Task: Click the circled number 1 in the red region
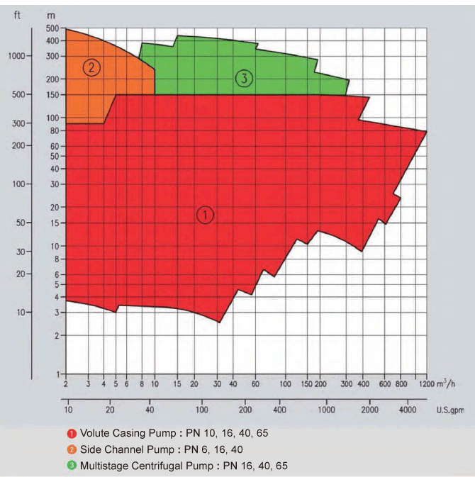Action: (x=204, y=215)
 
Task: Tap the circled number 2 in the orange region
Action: (x=91, y=68)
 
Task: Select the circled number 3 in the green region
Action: (x=244, y=79)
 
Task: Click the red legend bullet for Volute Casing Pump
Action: (x=72, y=432)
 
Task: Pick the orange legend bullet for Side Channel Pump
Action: (x=72, y=449)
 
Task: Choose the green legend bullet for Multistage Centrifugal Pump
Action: (x=72, y=465)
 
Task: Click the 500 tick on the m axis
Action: (x=52, y=28)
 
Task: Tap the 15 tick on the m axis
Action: (x=54, y=223)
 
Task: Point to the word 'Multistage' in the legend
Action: (x=103, y=465)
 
